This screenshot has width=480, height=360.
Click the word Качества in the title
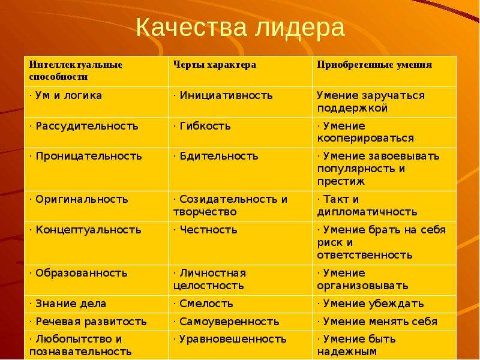pos(191,27)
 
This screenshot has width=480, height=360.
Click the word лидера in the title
pos(301,28)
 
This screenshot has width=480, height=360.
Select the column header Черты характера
pos(215,65)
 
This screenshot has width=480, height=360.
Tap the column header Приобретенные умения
pos(374,65)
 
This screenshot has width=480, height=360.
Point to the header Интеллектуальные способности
pos(76,70)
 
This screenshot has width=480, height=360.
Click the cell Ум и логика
pos(66,95)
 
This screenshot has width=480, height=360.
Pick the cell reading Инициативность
pos(223,95)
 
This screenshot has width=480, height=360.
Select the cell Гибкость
pos(202,126)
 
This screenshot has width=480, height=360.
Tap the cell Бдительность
pos(216,156)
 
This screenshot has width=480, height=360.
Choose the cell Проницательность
pos(86,156)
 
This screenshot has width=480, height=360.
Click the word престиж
pos(341,181)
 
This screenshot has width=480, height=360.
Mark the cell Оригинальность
pos(79,200)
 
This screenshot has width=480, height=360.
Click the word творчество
pos(205,212)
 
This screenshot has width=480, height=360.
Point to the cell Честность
pos(205,230)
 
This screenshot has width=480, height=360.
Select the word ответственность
pos(365,254)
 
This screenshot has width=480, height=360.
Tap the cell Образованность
pos(79,273)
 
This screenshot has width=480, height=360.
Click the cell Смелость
pos(203,304)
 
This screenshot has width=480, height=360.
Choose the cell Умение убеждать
pos(370,304)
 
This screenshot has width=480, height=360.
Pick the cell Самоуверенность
pos(226,322)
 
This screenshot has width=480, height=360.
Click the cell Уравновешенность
pos(230,339)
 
